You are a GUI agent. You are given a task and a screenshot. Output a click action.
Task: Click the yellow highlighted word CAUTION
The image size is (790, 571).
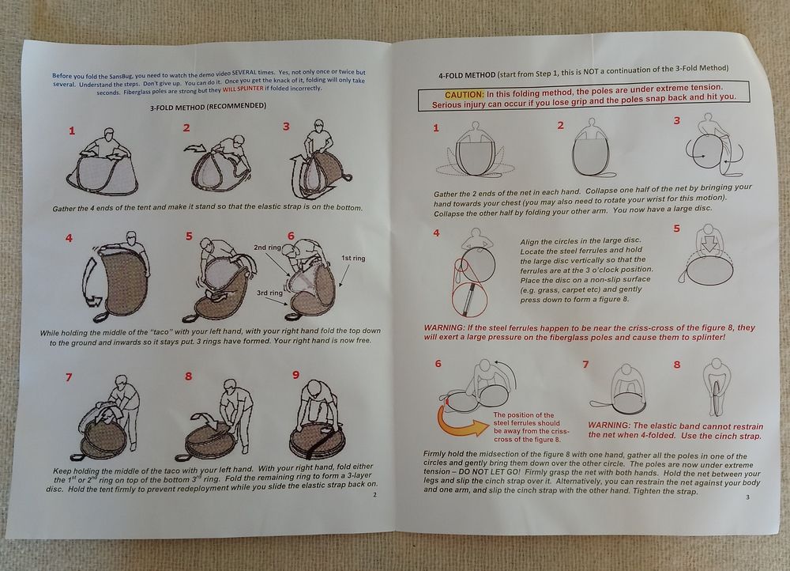click(464, 95)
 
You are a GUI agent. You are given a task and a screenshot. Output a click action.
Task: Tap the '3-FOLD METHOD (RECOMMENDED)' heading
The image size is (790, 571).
click(208, 107)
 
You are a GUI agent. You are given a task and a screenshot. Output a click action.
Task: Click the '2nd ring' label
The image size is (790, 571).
click(267, 248)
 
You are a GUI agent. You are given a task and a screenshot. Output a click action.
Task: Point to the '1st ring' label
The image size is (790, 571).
click(353, 259)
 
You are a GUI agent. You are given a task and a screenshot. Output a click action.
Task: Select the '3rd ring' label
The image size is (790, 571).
click(269, 293)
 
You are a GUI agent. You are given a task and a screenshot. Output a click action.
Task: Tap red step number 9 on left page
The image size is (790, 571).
click(295, 375)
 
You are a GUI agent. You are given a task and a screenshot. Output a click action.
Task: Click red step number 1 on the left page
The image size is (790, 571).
click(72, 130)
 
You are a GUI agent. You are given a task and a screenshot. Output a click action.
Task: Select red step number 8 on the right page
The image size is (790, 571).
click(677, 365)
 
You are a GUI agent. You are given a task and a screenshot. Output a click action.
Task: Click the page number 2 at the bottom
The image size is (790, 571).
click(374, 495)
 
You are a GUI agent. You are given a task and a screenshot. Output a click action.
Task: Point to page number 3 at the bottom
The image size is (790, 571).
click(747, 497)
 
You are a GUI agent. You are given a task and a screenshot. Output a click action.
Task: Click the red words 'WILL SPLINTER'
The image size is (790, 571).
click(243, 89)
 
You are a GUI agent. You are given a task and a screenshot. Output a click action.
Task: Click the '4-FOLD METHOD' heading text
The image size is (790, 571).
click(467, 75)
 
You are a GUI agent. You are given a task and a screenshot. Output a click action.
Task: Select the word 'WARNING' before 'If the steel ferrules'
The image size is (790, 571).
click(444, 328)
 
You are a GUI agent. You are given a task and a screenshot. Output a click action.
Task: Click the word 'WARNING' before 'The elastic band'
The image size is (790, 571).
click(608, 425)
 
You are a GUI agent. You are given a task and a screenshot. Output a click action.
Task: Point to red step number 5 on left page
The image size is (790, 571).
click(189, 236)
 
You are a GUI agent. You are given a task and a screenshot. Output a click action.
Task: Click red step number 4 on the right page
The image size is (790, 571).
click(436, 233)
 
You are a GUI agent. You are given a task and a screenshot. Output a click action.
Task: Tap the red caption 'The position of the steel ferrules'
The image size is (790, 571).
click(531, 427)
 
